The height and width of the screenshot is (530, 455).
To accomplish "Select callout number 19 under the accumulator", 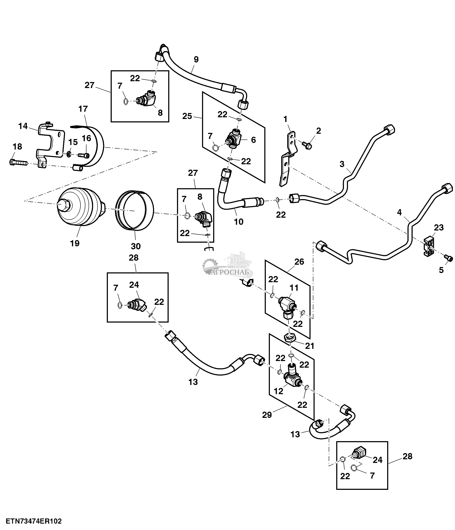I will click(x=75, y=243).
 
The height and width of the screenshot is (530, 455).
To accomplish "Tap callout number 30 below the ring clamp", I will click(x=136, y=246).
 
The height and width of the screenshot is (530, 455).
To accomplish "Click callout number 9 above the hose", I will click(x=196, y=59).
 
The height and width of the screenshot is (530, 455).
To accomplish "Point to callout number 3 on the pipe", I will click(x=342, y=164).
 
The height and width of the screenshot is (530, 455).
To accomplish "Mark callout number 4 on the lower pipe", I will click(x=399, y=212).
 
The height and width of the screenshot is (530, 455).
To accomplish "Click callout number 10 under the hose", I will click(x=238, y=222).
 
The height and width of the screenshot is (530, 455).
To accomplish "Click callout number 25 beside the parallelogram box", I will click(x=187, y=116).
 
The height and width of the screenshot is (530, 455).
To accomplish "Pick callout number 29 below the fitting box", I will click(x=267, y=415).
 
